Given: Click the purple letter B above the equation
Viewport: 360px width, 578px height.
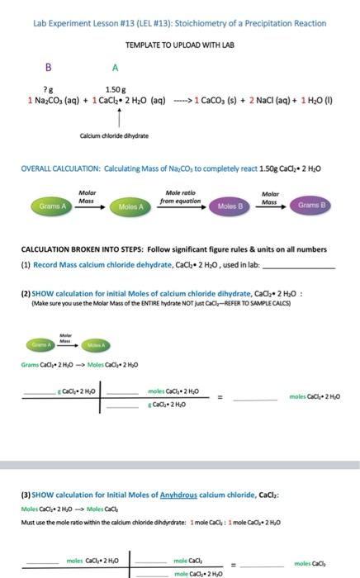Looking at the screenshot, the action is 49,67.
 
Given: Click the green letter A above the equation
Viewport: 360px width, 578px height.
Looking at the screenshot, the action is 116,67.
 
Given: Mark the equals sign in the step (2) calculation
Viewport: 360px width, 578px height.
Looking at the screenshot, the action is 220,398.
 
